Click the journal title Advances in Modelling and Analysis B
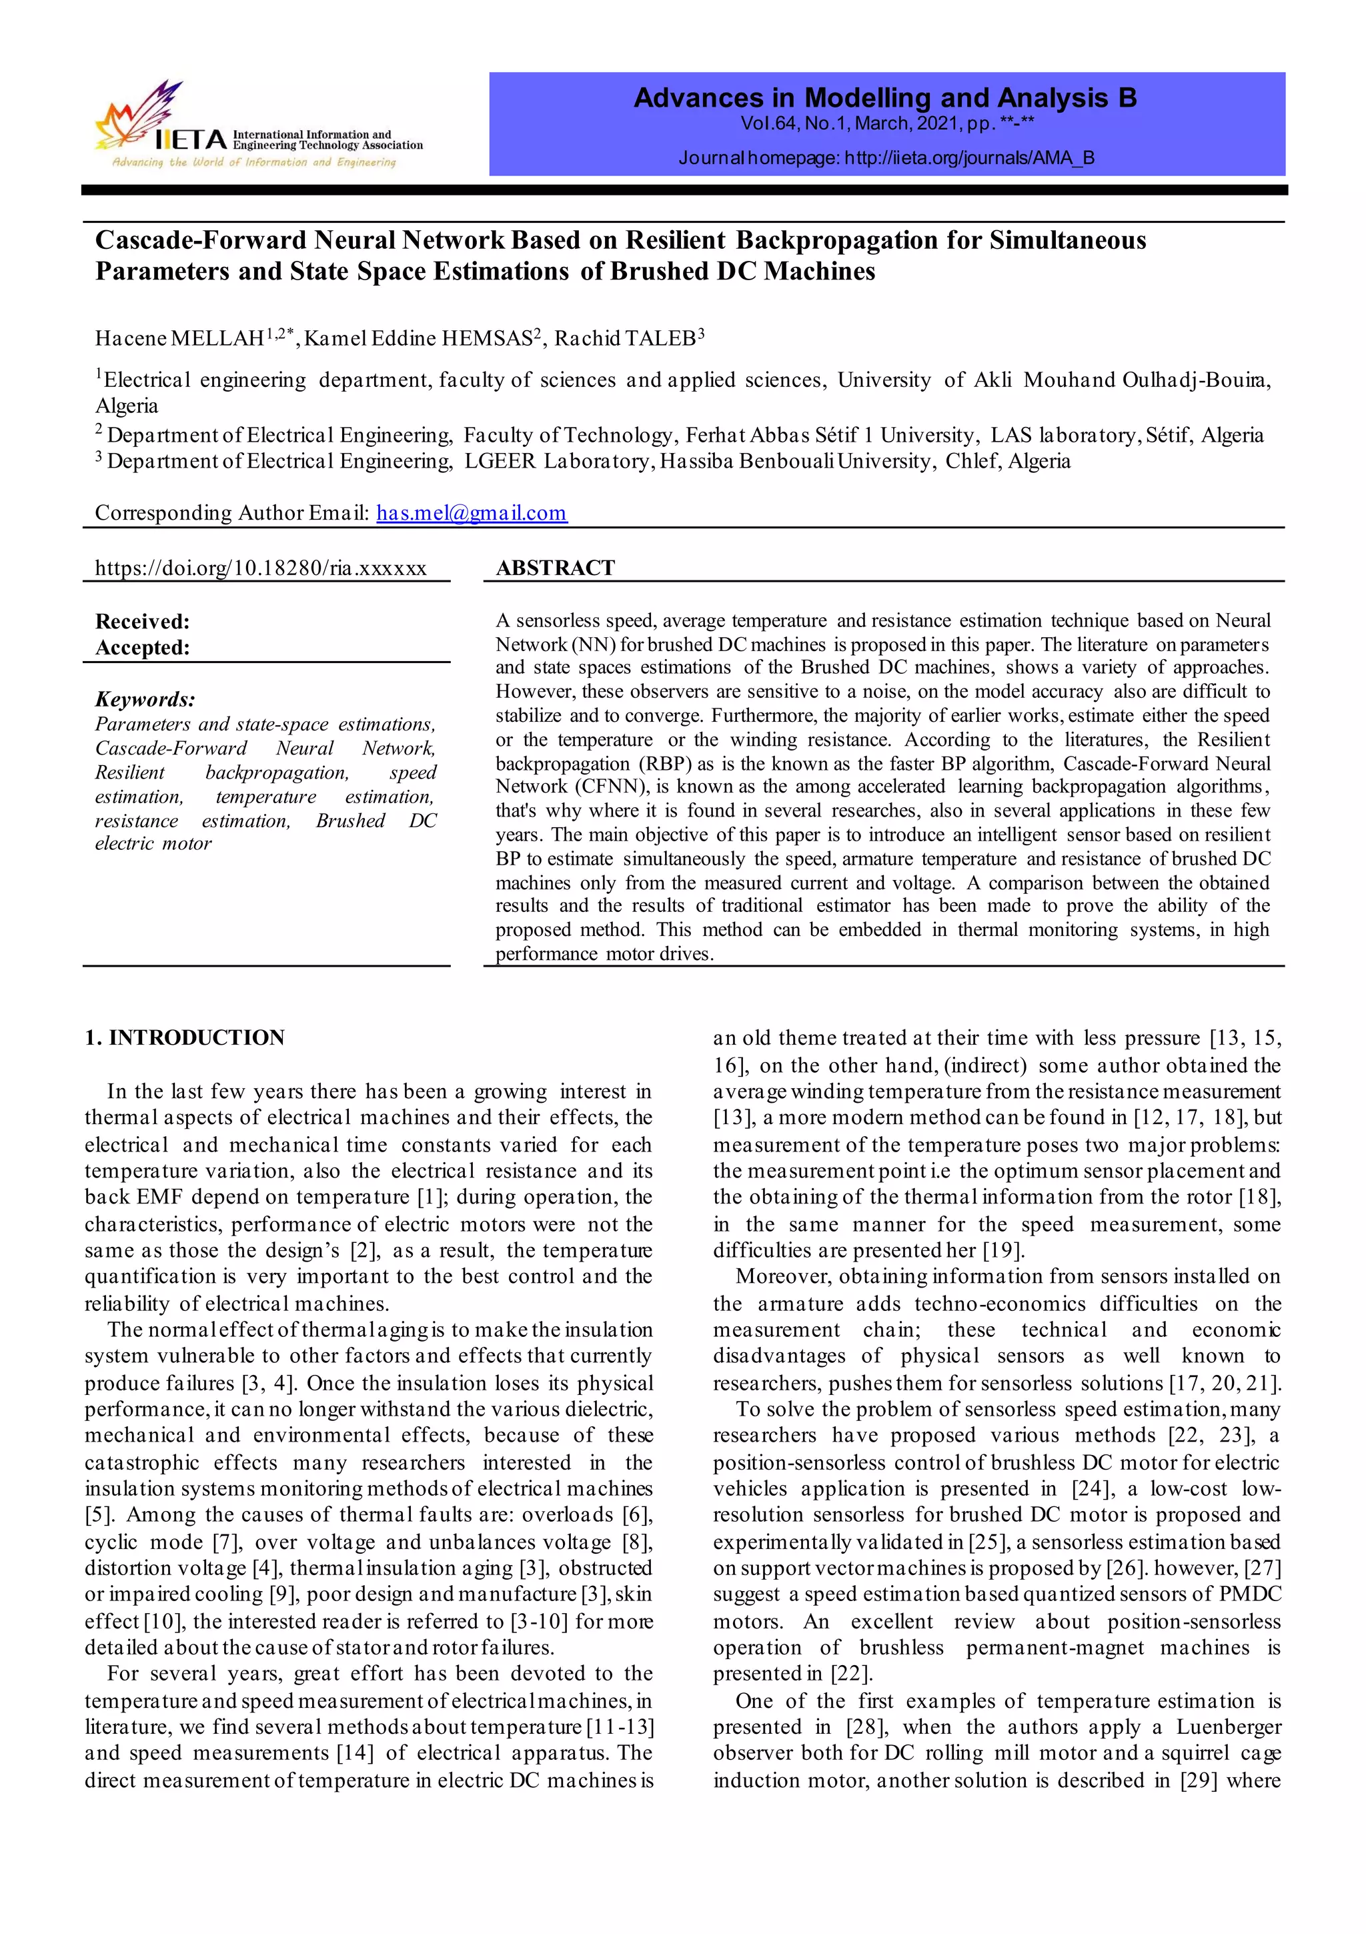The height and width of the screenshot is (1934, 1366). tap(884, 99)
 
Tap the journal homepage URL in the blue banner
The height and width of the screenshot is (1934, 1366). tap(969, 158)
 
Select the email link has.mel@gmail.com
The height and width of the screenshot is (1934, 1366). tap(471, 513)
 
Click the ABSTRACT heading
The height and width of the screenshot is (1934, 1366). tap(555, 568)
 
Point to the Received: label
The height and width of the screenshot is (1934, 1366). tap(142, 622)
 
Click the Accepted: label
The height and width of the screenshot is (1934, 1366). tap(142, 648)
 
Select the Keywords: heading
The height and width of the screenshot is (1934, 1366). tap(145, 699)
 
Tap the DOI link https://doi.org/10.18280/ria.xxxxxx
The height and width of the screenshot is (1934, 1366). tap(260, 568)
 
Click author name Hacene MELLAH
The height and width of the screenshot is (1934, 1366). tap(179, 339)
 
